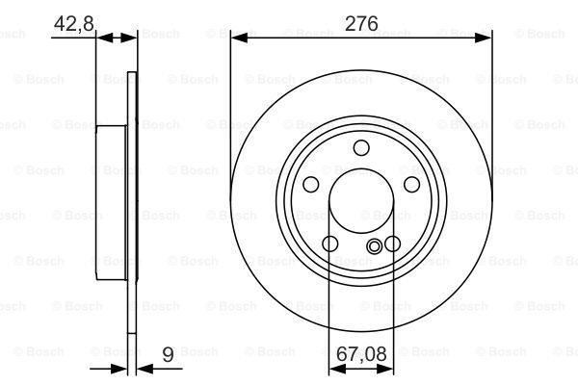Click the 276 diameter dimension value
(x=361, y=23)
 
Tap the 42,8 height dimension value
(x=74, y=23)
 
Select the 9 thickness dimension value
(x=168, y=354)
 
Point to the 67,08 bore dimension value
(x=361, y=354)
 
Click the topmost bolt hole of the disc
(x=361, y=147)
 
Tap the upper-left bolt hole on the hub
(x=311, y=184)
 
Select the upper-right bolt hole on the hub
(x=411, y=184)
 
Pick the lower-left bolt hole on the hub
(x=329, y=244)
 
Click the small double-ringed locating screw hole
(x=375, y=246)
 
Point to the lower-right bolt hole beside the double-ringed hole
(x=392, y=244)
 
